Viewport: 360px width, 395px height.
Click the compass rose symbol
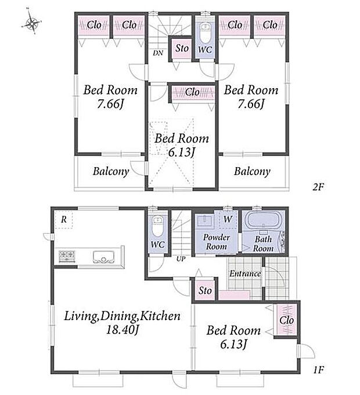[x=32, y=23]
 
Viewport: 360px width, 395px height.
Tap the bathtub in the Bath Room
[x=263, y=219]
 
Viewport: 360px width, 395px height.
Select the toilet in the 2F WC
[x=204, y=34]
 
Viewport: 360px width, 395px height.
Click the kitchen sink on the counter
[x=103, y=257]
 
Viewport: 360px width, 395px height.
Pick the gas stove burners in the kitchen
[x=67, y=256]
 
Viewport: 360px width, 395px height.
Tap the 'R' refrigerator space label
[x=64, y=220]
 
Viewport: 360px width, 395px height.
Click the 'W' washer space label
[x=228, y=219]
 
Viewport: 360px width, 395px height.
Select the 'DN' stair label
[x=158, y=53]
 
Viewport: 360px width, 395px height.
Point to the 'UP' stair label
[x=181, y=259]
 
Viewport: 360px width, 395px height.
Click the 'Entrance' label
[x=245, y=274]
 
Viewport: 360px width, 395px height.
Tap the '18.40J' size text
[x=123, y=330]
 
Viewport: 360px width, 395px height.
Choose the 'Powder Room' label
[x=217, y=242]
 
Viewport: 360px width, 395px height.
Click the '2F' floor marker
[x=318, y=187]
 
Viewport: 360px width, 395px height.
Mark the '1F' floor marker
[x=319, y=370]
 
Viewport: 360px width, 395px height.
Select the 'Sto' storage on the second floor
[x=182, y=48]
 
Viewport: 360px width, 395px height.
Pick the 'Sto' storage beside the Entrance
[x=205, y=291]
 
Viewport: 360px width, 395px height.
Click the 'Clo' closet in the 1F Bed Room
[x=287, y=320]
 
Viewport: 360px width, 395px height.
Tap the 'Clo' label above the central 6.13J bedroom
[x=192, y=92]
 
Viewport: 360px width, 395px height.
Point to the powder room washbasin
[x=205, y=221]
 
